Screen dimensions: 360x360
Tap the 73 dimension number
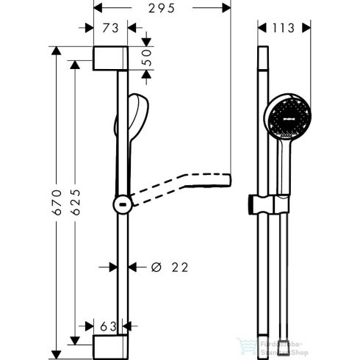point(111,29)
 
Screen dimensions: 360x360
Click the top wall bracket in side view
point(110,59)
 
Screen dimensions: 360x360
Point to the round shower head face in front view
point(286,118)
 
